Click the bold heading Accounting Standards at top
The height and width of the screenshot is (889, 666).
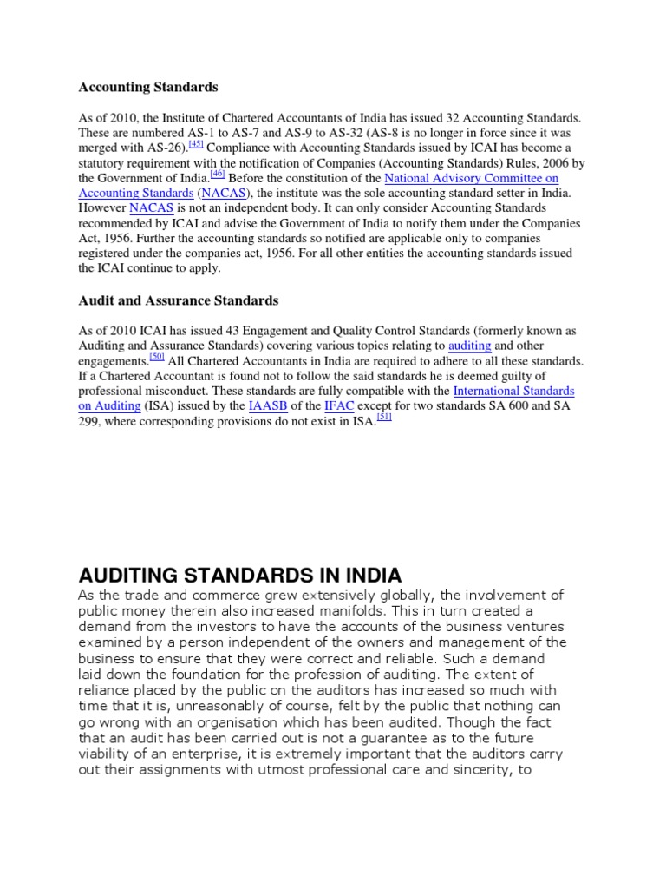148,87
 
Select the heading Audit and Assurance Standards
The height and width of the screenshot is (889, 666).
179,300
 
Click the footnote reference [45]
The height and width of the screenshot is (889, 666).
196,142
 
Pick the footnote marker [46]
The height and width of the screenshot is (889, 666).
218,174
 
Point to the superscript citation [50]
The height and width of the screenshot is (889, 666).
157,356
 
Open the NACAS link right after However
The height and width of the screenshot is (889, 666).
145,208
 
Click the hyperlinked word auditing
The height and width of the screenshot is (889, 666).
469,346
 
